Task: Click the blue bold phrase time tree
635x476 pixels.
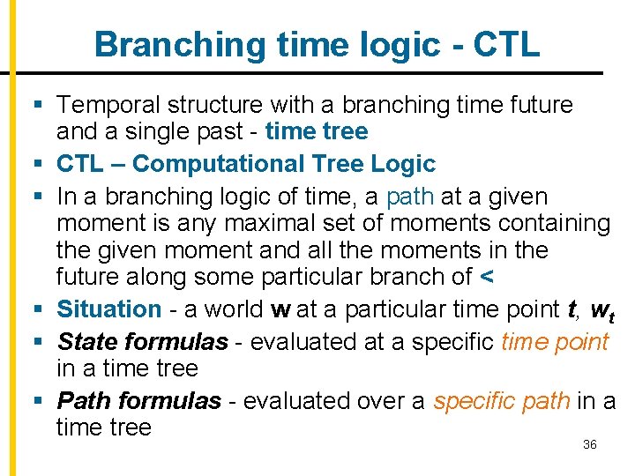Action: tap(317, 132)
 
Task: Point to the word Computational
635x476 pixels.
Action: tap(210, 164)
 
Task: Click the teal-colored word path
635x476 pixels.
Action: tap(410, 196)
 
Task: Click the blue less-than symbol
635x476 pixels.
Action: tap(487, 277)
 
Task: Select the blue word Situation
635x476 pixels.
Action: tap(109, 309)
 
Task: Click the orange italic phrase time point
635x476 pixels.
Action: tap(555, 341)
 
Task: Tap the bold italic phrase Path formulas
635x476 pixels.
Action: tap(138, 401)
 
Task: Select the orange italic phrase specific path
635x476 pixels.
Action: tap(501, 401)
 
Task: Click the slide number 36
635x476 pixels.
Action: tap(590, 444)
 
